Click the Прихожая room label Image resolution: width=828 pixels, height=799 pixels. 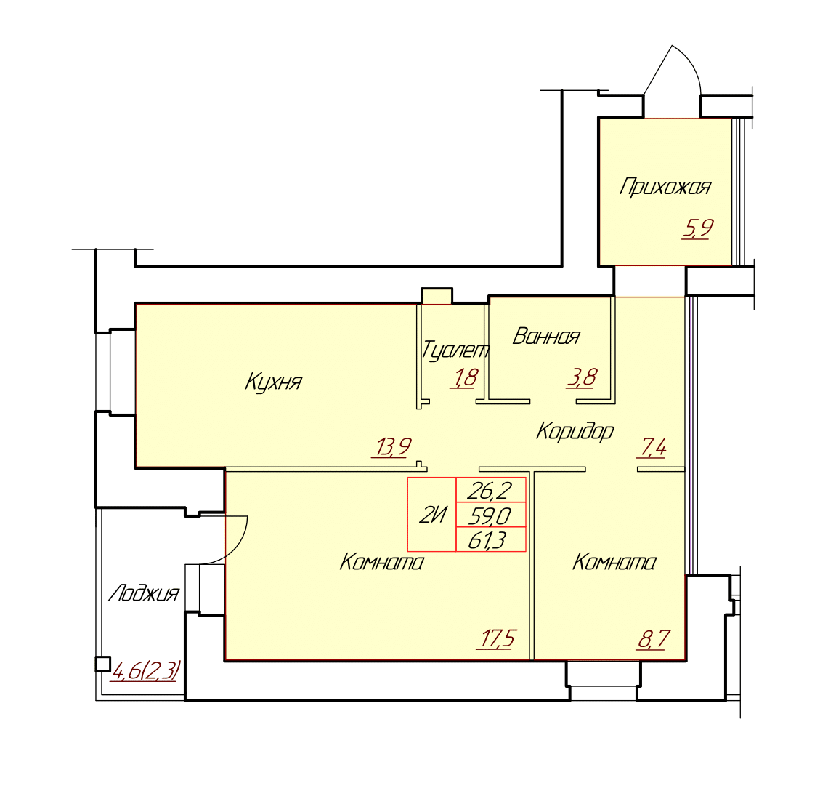coord(665,187)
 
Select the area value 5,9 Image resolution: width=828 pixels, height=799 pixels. coord(698,228)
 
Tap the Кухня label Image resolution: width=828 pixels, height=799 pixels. coord(273,381)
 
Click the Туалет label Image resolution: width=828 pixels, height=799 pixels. coord(455,350)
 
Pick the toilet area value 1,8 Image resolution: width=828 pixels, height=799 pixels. coord(464,378)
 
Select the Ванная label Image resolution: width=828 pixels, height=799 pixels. coord(546,336)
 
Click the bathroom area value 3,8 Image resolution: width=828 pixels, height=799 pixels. coord(581,378)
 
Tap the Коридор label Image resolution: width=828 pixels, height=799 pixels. coord(575,432)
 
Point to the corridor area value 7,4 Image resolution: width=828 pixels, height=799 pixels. coord(653,448)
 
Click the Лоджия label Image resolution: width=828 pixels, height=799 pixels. coord(144,593)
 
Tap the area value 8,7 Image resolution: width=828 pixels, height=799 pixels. coord(654,639)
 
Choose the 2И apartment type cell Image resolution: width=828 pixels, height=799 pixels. coord(432,514)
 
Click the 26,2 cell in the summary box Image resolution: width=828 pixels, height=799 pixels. coord(490,490)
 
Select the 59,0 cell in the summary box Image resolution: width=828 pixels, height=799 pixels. coord(490,515)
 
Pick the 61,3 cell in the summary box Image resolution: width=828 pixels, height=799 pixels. coord(490,539)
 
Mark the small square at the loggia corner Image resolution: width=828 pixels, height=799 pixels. coord(102,664)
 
